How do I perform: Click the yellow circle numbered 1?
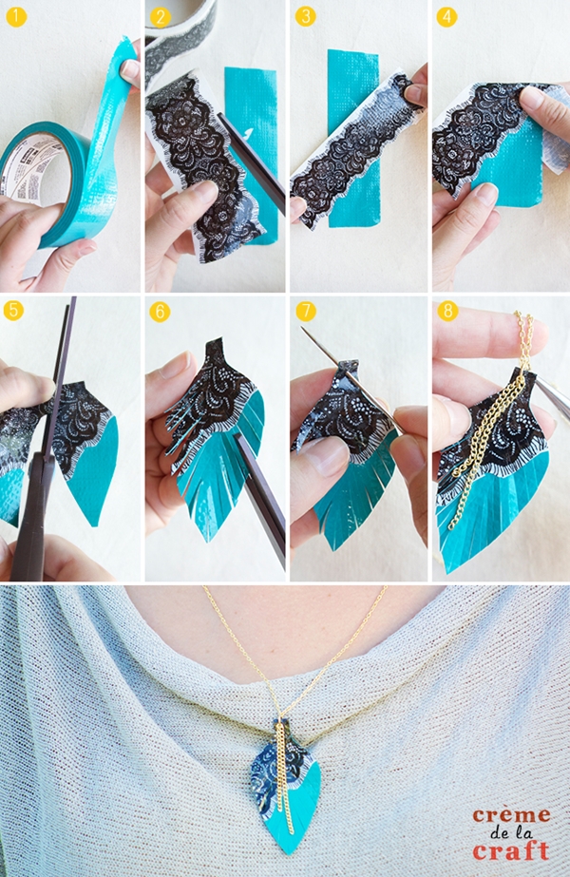click(17, 17)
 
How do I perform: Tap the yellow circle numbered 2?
click(160, 17)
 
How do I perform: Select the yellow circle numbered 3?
click(305, 17)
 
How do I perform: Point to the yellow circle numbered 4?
click(446, 17)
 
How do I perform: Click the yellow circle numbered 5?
click(13, 311)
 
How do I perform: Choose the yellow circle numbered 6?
click(160, 312)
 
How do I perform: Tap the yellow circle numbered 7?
click(306, 311)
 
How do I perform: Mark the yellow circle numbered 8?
click(448, 311)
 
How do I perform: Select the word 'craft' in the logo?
click(511, 850)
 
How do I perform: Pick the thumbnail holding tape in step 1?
click(130, 69)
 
